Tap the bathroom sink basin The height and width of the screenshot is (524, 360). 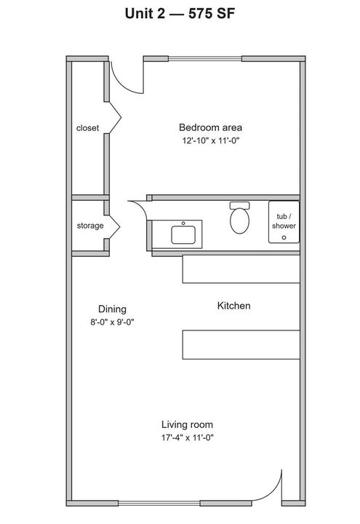[183, 235]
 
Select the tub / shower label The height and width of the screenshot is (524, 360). [284, 221]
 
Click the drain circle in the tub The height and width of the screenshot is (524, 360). [284, 237]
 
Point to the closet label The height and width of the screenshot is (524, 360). [87, 128]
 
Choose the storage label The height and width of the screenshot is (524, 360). [90, 226]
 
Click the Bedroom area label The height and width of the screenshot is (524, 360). [210, 127]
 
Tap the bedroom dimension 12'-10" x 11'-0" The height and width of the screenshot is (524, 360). [211, 140]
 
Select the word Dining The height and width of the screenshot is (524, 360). [112, 309]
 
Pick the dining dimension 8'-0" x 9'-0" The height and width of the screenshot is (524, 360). [112, 322]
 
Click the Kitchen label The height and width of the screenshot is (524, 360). [233, 306]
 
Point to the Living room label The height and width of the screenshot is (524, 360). [187, 424]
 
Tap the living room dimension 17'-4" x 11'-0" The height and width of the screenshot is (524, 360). [188, 437]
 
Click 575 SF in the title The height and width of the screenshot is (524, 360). [212, 14]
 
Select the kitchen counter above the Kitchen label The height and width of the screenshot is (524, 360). [241, 269]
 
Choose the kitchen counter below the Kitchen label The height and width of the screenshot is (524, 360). [241, 344]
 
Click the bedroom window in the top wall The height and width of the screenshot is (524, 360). [204, 59]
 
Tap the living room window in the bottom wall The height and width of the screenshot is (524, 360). [159, 504]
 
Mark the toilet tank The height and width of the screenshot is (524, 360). [239, 205]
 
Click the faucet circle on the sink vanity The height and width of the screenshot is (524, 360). [183, 223]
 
